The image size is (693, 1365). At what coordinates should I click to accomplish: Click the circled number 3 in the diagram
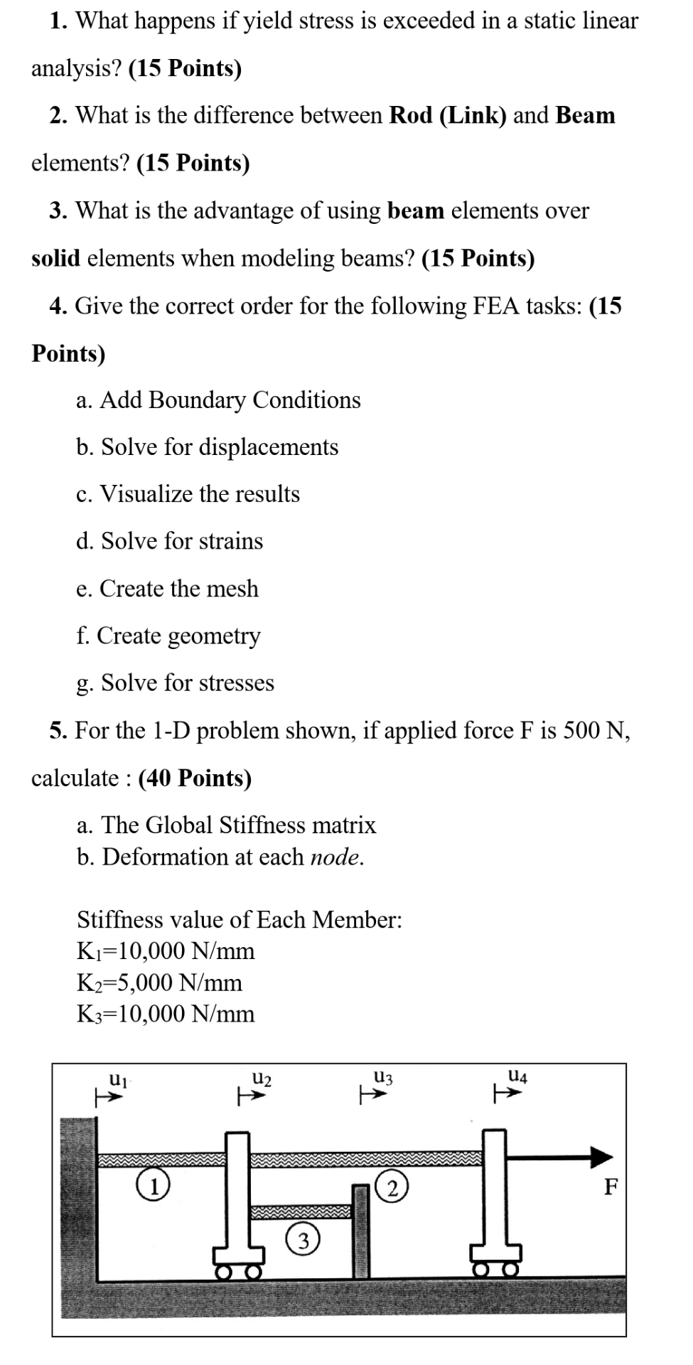click(303, 1241)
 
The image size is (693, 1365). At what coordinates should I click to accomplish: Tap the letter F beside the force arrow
click(611, 1187)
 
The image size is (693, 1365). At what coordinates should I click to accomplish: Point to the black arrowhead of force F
click(601, 1157)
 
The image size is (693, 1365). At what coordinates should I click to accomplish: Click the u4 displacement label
click(518, 1076)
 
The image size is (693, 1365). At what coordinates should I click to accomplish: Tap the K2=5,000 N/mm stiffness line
click(159, 983)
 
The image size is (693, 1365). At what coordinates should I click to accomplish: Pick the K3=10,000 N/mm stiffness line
click(165, 1014)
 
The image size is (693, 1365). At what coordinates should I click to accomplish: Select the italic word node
click(337, 857)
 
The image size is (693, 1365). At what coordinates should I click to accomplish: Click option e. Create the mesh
click(167, 589)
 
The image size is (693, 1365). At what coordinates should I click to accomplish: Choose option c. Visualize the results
click(188, 494)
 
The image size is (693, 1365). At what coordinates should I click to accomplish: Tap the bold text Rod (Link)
click(448, 115)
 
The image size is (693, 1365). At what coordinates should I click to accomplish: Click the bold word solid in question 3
click(55, 258)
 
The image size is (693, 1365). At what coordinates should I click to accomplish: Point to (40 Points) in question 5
click(195, 778)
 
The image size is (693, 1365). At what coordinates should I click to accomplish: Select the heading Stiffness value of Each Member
click(239, 919)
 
